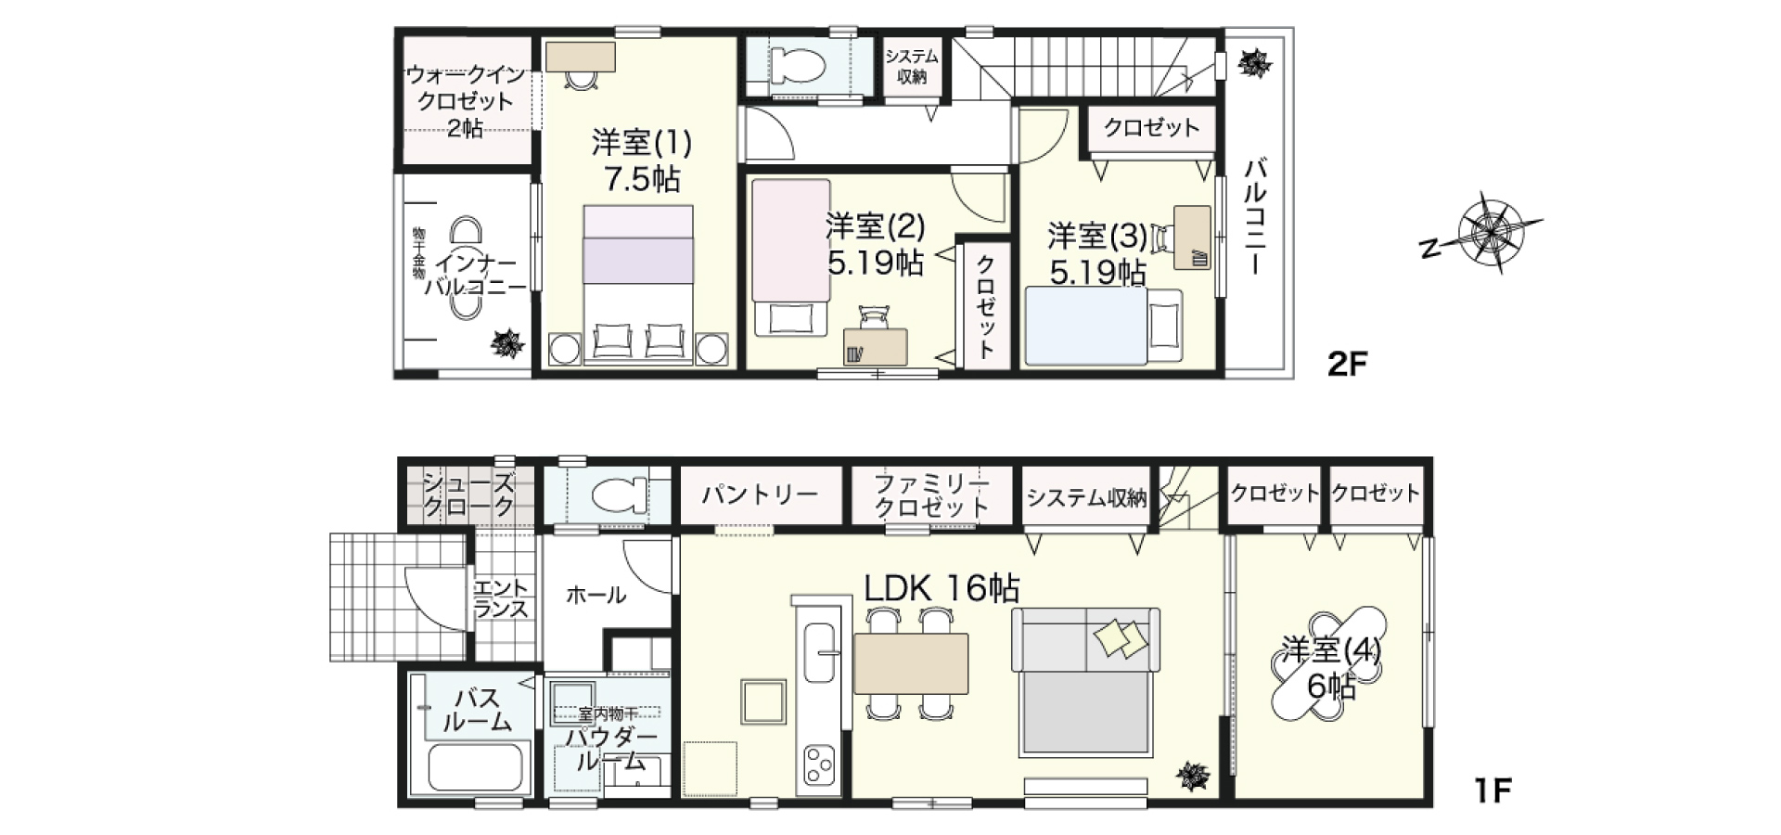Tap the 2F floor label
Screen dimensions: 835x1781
[x=1348, y=364]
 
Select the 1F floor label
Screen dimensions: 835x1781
[x=1493, y=790]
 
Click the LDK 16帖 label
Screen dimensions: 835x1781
[x=942, y=588]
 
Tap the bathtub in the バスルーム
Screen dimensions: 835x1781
[x=478, y=767]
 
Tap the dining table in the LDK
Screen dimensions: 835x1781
[x=911, y=663]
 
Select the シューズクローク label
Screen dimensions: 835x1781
[x=468, y=495]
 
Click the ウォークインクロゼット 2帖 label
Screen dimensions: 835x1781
[x=466, y=101]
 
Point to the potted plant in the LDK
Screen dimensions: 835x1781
[x=1192, y=776]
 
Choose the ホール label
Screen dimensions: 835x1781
[x=596, y=595]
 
